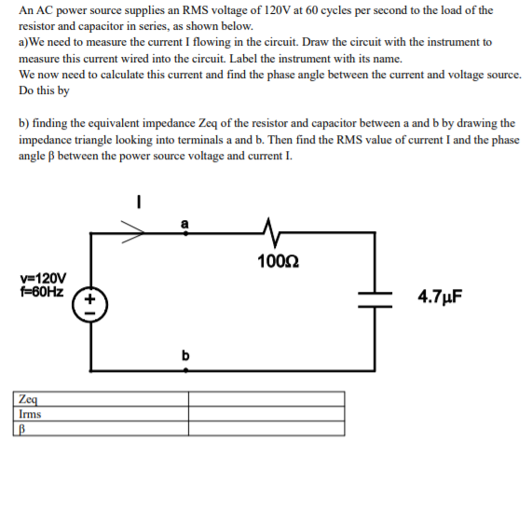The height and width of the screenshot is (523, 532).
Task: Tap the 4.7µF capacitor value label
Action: click(x=440, y=297)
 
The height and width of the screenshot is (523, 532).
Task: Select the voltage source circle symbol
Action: click(x=90, y=303)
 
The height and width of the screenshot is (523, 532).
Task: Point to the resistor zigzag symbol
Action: click(x=271, y=230)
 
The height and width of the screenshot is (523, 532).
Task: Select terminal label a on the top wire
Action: click(x=184, y=222)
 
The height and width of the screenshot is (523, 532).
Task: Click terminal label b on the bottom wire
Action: click(x=185, y=355)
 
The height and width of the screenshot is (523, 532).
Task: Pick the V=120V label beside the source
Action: click(x=42, y=278)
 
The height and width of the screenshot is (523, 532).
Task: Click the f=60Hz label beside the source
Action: click(x=42, y=291)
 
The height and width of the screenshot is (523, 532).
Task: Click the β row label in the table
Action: click(x=22, y=429)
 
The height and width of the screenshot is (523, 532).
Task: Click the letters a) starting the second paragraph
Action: click(x=23, y=43)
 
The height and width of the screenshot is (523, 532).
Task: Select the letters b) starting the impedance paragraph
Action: click(x=24, y=123)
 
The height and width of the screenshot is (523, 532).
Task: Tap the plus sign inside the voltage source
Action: click(x=90, y=297)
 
